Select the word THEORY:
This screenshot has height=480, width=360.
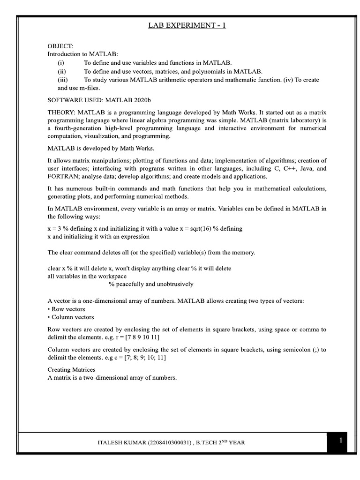(62, 113)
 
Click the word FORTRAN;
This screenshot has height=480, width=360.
(64, 176)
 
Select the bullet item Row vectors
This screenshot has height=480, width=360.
(68, 309)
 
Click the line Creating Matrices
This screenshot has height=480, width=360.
(71, 370)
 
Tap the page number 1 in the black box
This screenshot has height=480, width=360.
(341, 441)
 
